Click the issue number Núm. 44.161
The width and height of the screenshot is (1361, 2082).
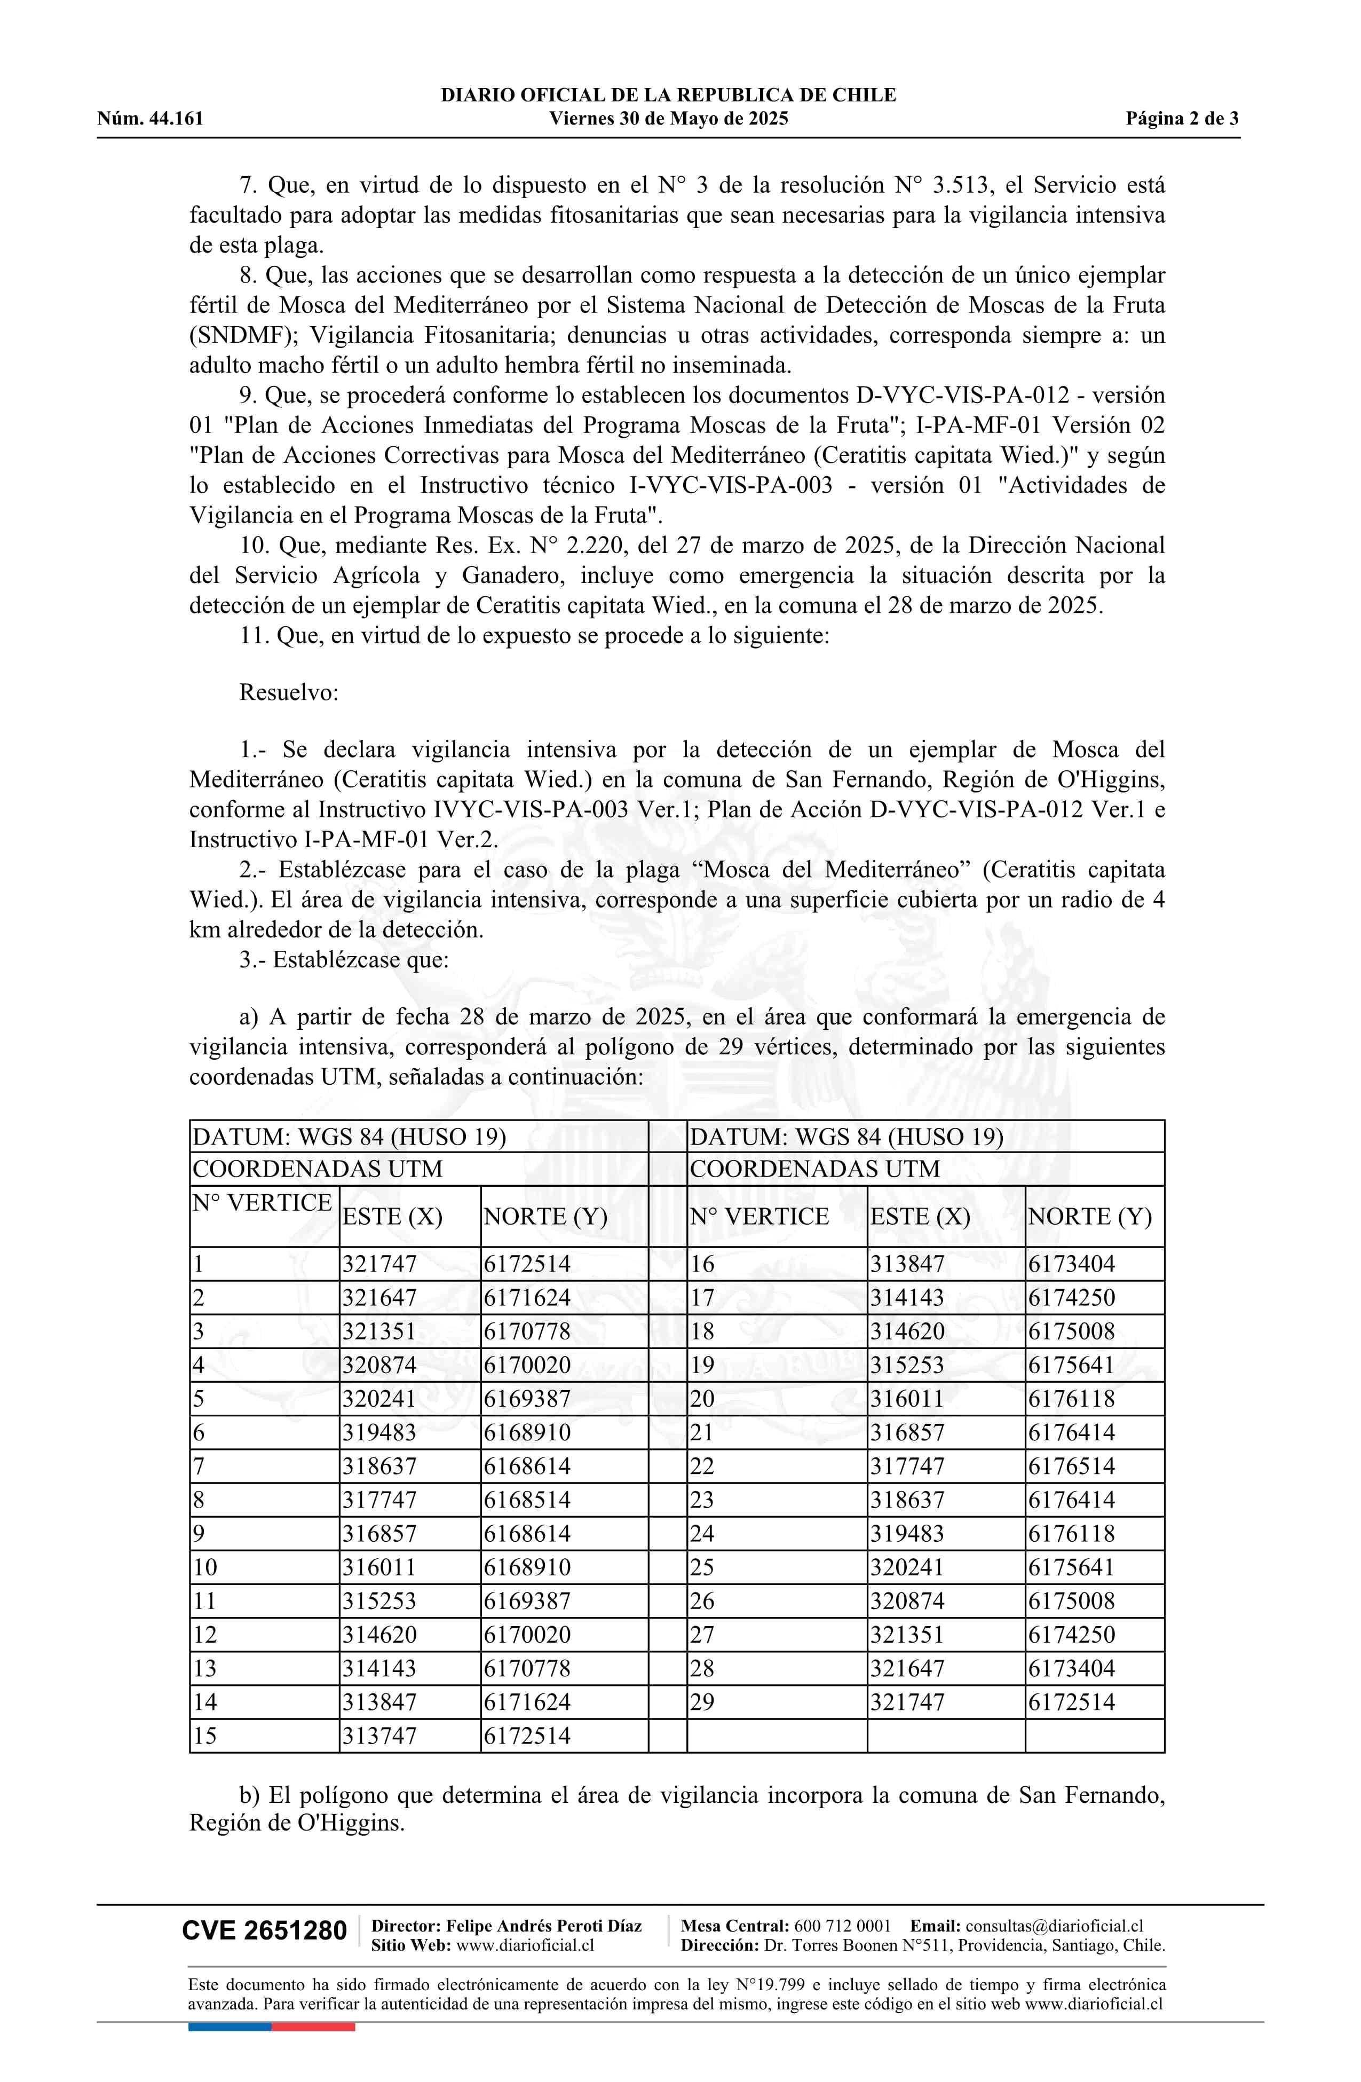(x=149, y=119)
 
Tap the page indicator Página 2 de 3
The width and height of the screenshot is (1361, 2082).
(x=1182, y=119)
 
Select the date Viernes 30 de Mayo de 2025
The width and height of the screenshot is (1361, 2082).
(x=668, y=119)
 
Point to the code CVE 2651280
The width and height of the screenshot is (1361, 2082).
(x=264, y=1931)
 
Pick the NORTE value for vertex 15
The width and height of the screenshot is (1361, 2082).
(x=527, y=1736)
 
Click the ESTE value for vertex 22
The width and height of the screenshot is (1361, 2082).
(x=907, y=1466)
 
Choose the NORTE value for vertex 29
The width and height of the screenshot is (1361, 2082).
(x=1072, y=1702)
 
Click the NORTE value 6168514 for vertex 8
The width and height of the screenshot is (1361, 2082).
(x=527, y=1500)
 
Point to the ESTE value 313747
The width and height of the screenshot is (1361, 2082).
(x=379, y=1736)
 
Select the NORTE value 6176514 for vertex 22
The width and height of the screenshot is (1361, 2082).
(x=1072, y=1466)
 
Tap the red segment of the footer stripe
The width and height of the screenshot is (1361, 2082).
(x=313, y=2026)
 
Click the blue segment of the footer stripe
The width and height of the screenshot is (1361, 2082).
(x=229, y=2026)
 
